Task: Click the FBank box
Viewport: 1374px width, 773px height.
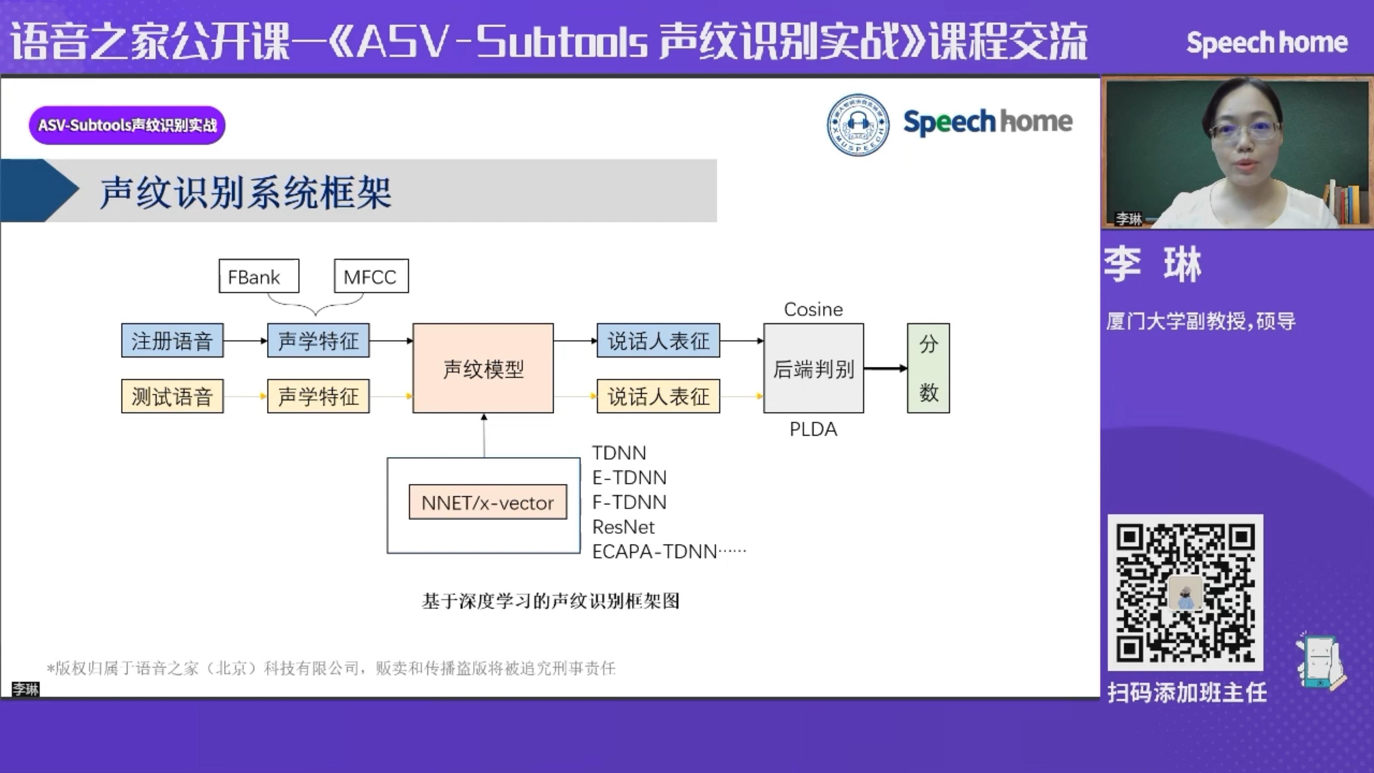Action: (259, 276)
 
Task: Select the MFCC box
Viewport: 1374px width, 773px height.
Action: (371, 276)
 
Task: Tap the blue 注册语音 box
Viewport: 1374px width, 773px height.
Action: (172, 340)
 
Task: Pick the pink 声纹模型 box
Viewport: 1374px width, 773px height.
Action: (483, 368)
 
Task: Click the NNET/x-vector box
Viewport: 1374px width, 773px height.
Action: (487, 502)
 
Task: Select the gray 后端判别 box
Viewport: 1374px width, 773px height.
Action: (813, 368)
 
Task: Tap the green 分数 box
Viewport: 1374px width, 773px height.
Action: (928, 368)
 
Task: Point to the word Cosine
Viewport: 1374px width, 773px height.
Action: (813, 310)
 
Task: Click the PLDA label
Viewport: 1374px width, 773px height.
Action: (813, 429)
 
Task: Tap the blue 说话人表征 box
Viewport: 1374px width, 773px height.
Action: (658, 340)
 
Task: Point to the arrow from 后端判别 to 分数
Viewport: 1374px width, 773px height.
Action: (886, 368)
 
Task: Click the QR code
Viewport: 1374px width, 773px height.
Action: (1185, 592)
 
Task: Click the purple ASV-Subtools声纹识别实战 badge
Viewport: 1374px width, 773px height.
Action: (127, 125)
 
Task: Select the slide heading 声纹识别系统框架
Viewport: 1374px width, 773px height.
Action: (245, 192)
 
